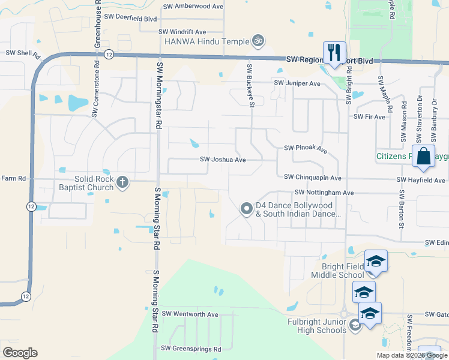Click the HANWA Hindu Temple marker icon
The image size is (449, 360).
259,41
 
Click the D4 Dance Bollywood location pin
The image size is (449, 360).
246,209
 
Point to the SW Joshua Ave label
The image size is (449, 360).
223,160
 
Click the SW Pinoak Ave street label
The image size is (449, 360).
306,148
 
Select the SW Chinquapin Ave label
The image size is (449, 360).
313,178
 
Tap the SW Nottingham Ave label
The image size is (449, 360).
324,193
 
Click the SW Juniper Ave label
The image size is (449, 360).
298,83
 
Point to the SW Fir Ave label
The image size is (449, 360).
369,117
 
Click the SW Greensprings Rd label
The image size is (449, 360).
191,349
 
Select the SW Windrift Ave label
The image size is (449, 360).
182,32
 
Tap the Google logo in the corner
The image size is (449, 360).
20,353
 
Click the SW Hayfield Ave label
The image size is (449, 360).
421,180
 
